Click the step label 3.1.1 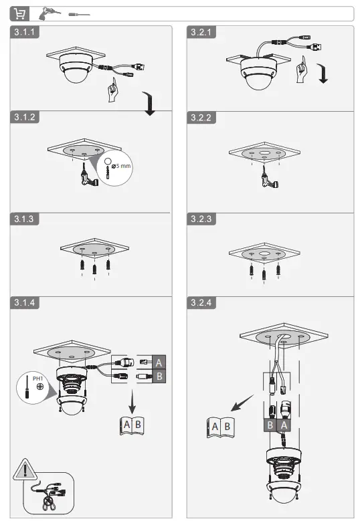pyautogui.click(x=25, y=31)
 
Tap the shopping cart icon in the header pyautogui.click(x=21, y=14)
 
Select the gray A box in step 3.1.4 pyautogui.click(x=159, y=362)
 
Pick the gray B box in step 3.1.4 pyautogui.click(x=159, y=377)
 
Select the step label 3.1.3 pyautogui.click(x=25, y=219)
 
